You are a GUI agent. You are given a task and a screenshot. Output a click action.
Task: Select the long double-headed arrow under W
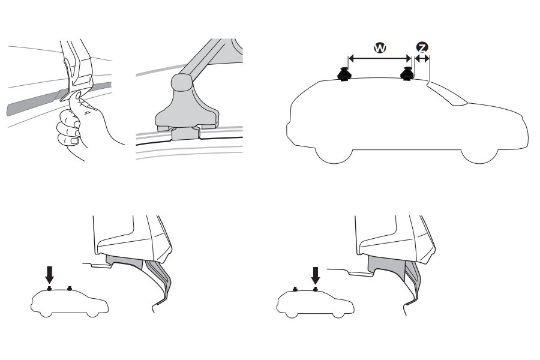click(379, 59)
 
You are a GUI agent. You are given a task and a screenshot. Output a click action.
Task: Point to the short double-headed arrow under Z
click(423, 59)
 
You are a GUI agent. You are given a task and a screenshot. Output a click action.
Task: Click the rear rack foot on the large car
click(345, 75)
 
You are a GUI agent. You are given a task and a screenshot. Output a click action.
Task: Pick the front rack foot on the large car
click(407, 74)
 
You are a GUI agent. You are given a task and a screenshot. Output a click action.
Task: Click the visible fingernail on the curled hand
click(73, 141)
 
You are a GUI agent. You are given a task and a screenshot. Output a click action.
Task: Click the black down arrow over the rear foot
click(50, 274)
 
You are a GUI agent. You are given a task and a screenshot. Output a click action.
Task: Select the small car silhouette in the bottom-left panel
click(69, 304)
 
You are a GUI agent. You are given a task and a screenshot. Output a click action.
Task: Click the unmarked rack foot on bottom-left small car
click(70, 288)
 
